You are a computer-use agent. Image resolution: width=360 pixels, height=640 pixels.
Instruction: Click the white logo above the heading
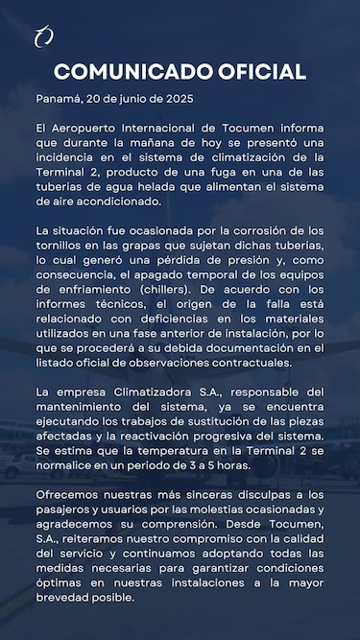tap(43, 37)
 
